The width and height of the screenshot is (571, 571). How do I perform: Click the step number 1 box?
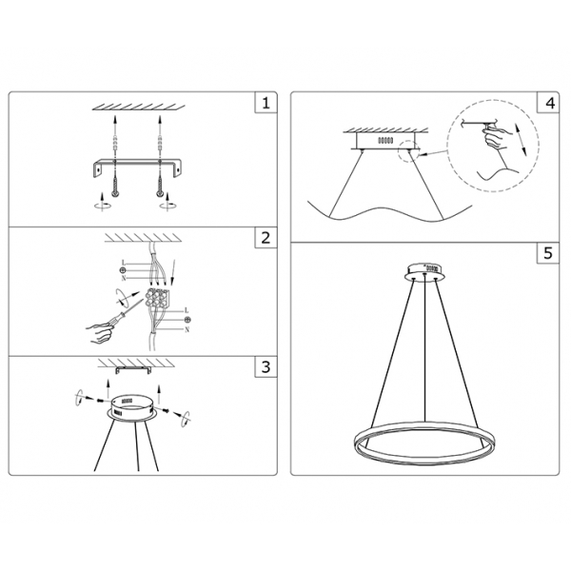pos(266,102)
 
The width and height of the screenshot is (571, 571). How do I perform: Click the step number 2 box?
pos(266,238)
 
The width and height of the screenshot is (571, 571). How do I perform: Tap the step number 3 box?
pos(266,366)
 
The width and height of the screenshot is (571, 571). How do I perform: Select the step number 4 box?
pos(549,102)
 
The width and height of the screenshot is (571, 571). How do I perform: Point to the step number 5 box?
pos(549,254)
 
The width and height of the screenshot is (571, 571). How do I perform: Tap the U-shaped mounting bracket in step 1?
pos(136,167)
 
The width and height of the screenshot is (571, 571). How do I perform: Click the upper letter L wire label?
pos(125,260)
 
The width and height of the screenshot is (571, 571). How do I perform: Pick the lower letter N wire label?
pos(187,328)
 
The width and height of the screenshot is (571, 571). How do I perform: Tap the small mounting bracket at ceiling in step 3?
pos(130,366)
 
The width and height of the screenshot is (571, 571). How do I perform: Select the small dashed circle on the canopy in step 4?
pos(413,149)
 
